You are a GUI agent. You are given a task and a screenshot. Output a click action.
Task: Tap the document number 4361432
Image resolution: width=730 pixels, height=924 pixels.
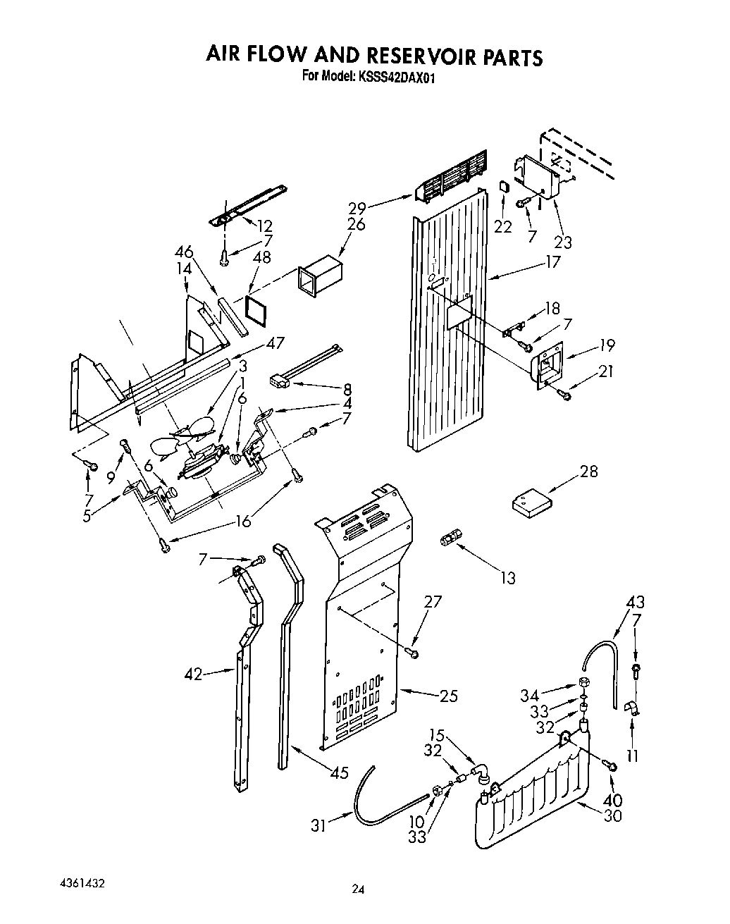(78, 882)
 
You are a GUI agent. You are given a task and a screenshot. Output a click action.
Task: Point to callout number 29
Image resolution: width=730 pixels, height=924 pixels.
(357, 208)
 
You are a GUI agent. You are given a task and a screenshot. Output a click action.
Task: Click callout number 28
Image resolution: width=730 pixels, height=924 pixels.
(588, 472)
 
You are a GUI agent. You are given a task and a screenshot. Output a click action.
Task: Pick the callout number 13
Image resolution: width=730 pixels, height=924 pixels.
(507, 578)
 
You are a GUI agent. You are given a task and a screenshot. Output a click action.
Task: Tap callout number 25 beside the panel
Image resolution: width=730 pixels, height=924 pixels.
(448, 696)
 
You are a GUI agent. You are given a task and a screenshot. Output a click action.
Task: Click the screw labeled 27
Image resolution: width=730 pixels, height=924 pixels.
(414, 655)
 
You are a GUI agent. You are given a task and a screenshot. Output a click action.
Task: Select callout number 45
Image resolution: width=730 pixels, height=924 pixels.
(339, 772)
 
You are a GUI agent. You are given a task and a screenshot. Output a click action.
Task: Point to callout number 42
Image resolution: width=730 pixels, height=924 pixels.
(194, 674)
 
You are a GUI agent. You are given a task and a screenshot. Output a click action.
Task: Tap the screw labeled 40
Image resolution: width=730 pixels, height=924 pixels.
(610, 765)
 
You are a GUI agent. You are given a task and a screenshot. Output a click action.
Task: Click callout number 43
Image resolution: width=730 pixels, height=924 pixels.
(635, 603)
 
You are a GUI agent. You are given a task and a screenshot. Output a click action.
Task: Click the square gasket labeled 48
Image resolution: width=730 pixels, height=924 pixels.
(255, 308)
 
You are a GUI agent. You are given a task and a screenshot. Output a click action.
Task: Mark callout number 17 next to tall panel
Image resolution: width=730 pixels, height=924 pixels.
(552, 261)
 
